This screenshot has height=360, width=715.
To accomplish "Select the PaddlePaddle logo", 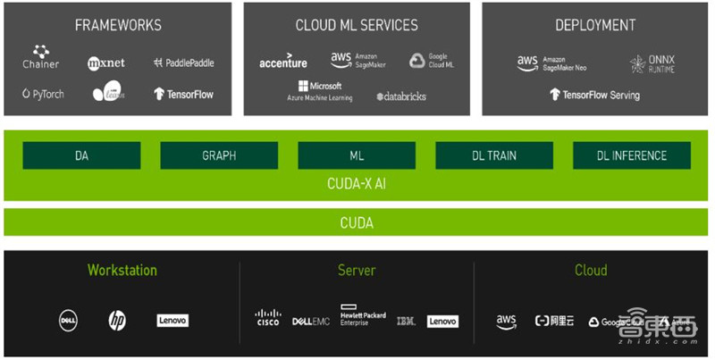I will tap(183, 63).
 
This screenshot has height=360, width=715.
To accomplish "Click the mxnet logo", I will tap(105, 63).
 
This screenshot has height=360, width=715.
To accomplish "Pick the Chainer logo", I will tap(40, 58).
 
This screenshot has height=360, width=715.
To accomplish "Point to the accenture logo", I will tap(282, 63).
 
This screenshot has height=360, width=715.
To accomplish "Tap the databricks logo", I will tap(401, 96).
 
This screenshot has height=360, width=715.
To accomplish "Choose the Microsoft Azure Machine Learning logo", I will tap(319, 91).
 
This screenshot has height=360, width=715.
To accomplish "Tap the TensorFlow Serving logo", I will tap(594, 94).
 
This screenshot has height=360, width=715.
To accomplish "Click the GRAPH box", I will tap(219, 155).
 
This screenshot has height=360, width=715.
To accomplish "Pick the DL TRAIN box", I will tap(494, 155).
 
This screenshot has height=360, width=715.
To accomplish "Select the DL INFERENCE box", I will tap(632, 155).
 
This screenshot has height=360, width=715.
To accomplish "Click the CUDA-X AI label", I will tap(357, 184).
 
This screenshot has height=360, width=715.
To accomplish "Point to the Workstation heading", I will tap(122, 270).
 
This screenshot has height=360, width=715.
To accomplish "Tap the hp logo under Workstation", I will tap(117, 320).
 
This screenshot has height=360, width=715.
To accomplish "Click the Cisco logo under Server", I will tap(267, 318).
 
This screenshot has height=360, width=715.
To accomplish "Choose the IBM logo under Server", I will tap(406, 321).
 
